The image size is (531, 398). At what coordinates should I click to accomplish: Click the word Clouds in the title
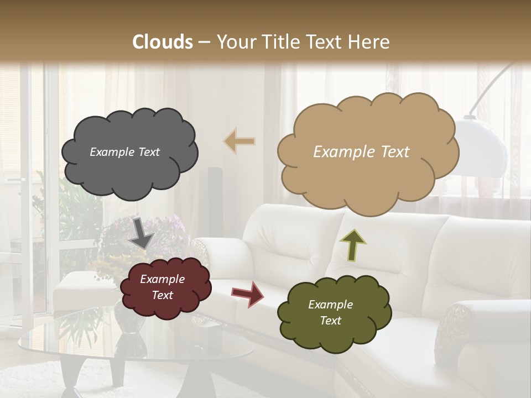click(x=163, y=42)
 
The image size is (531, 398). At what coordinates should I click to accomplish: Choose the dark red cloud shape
click(x=165, y=287)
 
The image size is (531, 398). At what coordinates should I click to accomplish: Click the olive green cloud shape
click(x=334, y=313)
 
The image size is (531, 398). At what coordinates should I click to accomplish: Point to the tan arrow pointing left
click(x=240, y=142)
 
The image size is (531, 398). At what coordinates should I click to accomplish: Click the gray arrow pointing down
click(x=142, y=233)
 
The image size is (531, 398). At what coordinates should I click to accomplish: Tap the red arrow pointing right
click(x=248, y=294)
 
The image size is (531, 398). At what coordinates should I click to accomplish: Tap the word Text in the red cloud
click(x=163, y=295)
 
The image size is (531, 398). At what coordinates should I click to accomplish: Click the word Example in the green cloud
click(x=330, y=305)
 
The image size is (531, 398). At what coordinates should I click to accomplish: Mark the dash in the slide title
click(x=204, y=42)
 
